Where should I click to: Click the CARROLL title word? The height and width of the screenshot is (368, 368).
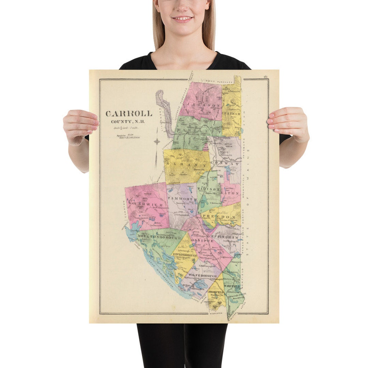click(x=128, y=114)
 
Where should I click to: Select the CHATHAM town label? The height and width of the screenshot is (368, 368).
click(x=231, y=113)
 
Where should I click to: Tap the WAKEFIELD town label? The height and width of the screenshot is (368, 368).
click(x=233, y=286)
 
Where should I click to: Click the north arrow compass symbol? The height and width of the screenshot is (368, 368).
click(x=156, y=142)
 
